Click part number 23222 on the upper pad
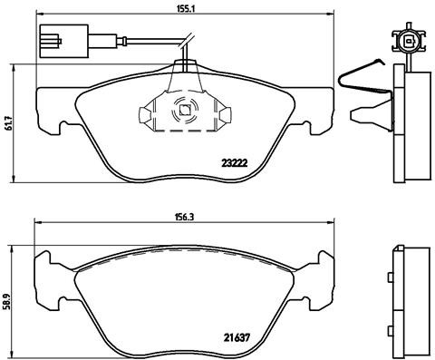click(x=236, y=164)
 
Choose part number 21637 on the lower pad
click(x=237, y=338)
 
